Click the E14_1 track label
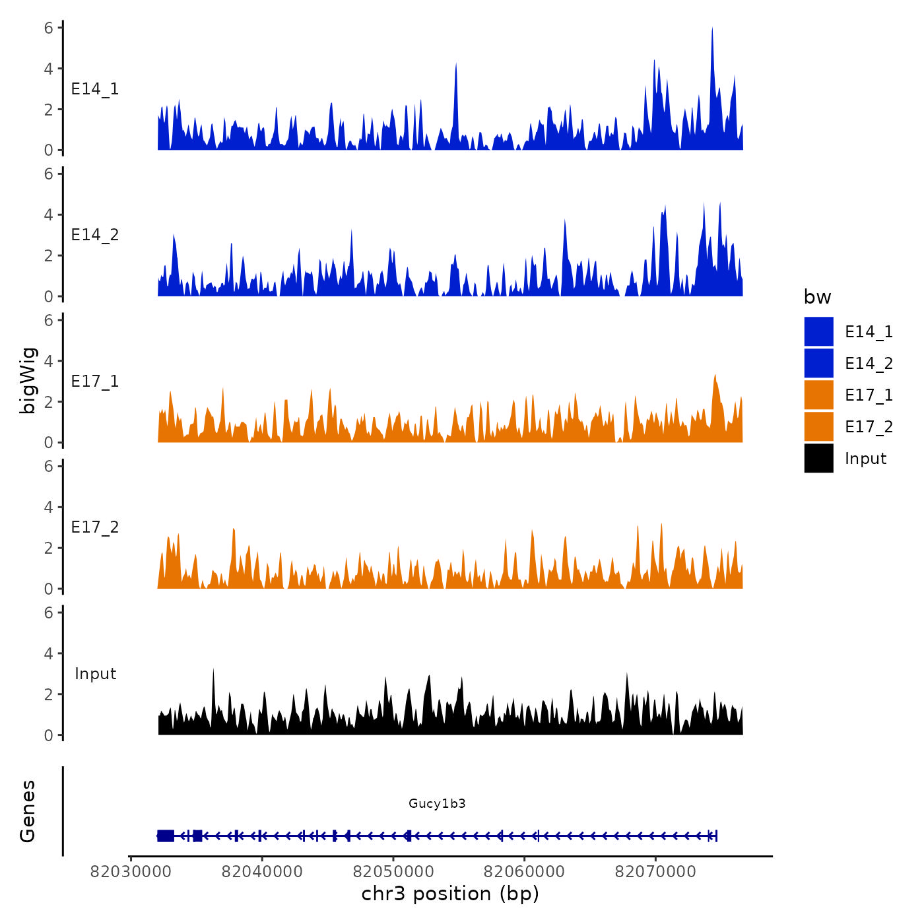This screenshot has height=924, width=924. point(95,89)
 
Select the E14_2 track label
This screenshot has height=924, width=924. point(95,235)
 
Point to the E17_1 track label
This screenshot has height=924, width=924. point(95,381)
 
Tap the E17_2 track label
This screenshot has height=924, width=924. point(95,527)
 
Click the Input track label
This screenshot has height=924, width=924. point(95,674)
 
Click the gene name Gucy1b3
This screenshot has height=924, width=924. point(437,803)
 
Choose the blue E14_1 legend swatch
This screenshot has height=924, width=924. point(818,331)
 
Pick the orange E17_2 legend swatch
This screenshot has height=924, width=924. point(818,426)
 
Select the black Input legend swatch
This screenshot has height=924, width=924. point(818,458)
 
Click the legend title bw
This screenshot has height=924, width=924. point(817,298)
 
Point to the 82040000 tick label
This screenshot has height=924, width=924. point(262,872)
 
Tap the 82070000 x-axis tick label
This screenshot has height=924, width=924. point(655,872)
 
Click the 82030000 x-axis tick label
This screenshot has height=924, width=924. point(131,872)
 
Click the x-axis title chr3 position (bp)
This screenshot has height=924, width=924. point(450,894)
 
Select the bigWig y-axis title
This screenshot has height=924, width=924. point(28,380)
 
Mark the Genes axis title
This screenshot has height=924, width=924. point(28,811)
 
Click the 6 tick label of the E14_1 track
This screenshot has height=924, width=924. point(48,28)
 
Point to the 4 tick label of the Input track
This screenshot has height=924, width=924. point(48,653)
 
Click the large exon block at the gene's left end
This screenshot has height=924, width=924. point(166,836)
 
